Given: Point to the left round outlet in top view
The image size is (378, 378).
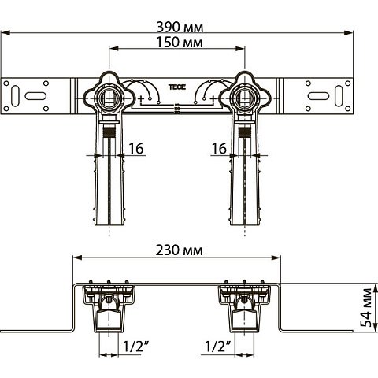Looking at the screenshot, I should [x=112, y=98].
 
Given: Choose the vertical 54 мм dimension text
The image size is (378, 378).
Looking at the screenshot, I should [x=365, y=309].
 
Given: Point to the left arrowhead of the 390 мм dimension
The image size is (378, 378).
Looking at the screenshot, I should [x=6, y=34].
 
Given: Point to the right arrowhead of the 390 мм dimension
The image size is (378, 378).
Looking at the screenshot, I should [x=349, y=34].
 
